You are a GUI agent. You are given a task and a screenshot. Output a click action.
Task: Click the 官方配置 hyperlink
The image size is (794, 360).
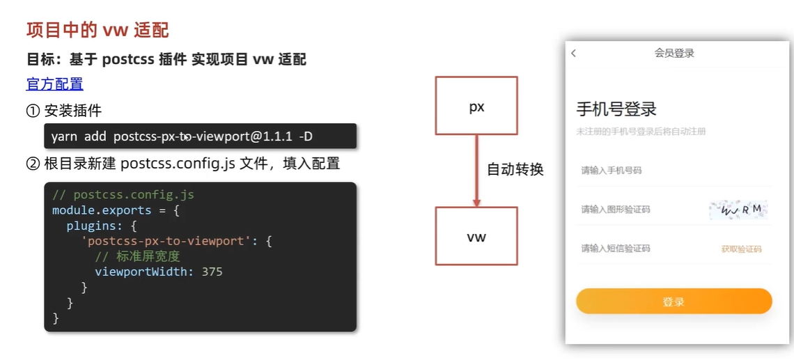[54, 84]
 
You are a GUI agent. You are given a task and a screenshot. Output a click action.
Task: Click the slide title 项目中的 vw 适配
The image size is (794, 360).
[98, 30]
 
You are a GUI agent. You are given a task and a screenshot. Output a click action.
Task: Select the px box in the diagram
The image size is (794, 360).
[476, 106]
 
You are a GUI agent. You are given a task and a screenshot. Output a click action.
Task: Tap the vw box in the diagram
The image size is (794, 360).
[476, 236]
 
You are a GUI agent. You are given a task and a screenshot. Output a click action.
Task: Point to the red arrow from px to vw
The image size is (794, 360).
[476, 171]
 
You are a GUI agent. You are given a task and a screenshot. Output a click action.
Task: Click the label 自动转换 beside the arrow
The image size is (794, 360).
[515, 169]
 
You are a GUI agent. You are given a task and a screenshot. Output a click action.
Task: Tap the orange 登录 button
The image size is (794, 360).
[674, 302]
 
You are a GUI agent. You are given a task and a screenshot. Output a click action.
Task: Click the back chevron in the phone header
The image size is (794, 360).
[574, 53]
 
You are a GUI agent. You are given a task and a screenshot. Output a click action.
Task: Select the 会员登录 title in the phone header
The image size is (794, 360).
[674, 53]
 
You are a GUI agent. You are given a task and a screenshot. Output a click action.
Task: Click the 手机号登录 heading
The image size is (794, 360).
[616, 109]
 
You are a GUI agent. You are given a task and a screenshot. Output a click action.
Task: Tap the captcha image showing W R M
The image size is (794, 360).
[738, 209]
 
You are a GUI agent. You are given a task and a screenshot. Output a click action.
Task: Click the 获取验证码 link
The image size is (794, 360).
[741, 249]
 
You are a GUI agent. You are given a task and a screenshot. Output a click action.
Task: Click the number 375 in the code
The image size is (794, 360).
[212, 272]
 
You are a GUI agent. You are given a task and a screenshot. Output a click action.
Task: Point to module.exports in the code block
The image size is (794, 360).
[101, 210]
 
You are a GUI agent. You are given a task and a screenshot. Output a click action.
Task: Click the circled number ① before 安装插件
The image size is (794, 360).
[33, 110]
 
